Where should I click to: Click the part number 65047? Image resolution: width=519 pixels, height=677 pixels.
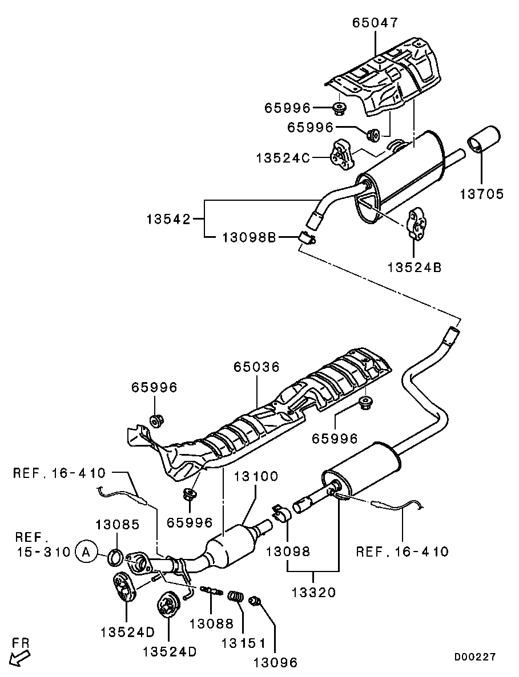click(x=375, y=22)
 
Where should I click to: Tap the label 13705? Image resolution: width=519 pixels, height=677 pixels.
click(x=481, y=194)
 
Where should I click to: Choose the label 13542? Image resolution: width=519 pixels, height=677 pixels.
click(x=168, y=220)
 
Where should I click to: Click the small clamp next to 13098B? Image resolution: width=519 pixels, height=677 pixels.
click(x=307, y=237)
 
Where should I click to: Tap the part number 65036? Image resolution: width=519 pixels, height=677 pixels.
click(x=257, y=367)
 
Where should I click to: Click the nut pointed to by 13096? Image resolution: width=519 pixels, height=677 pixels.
click(x=255, y=600)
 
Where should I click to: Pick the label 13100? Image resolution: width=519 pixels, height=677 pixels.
click(x=257, y=477)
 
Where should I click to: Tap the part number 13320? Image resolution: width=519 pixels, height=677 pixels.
click(x=313, y=592)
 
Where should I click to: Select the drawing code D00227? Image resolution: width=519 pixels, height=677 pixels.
click(x=475, y=657)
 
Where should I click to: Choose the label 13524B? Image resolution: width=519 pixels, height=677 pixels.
click(x=415, y=267)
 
